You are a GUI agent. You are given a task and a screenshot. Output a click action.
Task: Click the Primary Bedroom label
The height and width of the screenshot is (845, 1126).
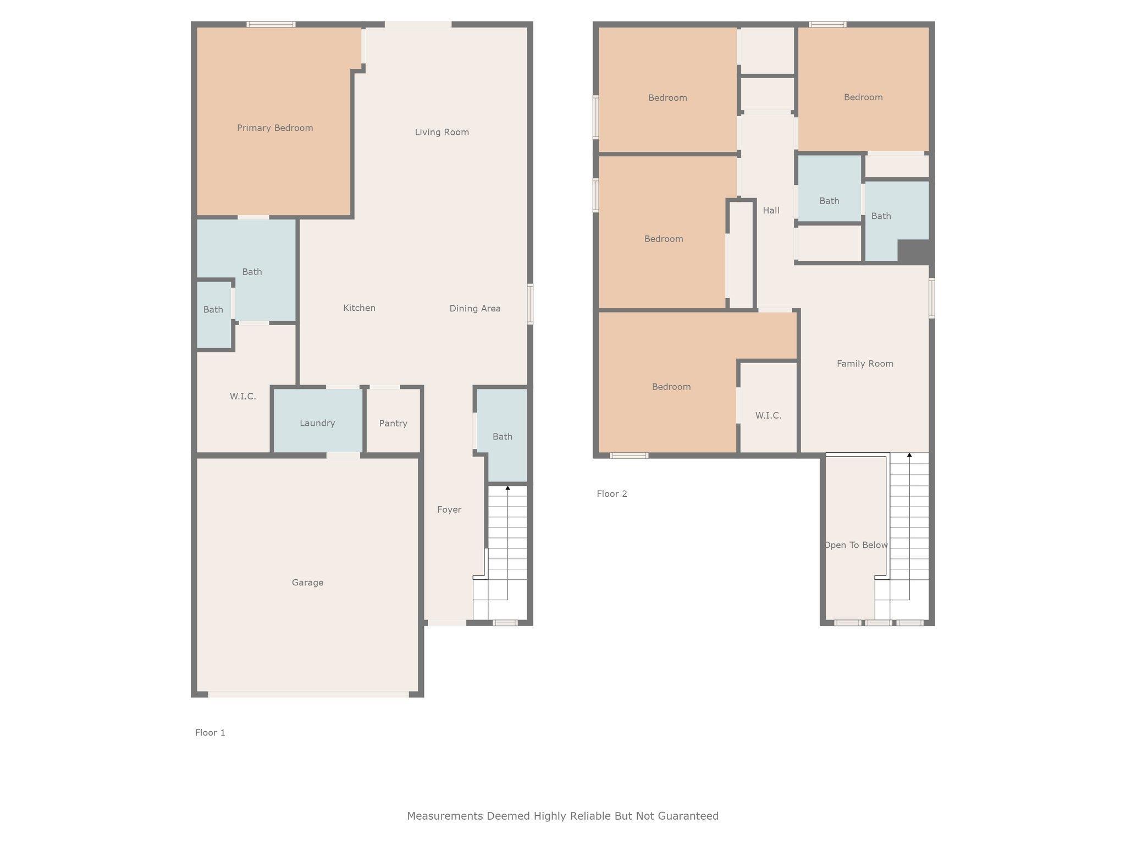(275, 128)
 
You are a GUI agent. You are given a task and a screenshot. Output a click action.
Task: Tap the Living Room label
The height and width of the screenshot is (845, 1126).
(441, 132)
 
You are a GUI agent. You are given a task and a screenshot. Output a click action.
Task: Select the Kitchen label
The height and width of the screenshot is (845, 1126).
(359, 308)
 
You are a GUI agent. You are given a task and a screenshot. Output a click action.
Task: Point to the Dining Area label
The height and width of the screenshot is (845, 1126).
(475, 309)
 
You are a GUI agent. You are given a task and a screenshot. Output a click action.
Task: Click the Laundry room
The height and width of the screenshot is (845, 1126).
(318, 421)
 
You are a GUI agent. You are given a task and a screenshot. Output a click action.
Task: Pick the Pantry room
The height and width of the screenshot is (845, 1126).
(393, 421)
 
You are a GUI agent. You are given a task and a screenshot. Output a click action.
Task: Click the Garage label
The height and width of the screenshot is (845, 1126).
(307, 583)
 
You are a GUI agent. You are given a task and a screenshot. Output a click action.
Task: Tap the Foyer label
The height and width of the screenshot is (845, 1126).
(449, 509)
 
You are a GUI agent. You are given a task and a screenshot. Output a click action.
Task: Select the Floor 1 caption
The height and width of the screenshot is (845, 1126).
(210, 733)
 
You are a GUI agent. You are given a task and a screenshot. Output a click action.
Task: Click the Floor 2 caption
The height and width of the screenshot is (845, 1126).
(612, 494)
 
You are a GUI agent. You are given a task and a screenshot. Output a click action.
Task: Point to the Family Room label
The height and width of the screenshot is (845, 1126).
(865, 364)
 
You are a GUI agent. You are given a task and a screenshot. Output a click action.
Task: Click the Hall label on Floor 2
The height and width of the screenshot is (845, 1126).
(771, 210)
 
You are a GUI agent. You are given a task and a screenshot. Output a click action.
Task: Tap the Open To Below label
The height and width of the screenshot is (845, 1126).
(855, 545)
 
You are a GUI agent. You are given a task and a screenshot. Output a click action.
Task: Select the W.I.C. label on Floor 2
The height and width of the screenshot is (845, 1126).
(768, 415)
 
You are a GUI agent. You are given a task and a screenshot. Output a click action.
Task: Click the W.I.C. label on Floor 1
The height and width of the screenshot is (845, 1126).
(242, 396)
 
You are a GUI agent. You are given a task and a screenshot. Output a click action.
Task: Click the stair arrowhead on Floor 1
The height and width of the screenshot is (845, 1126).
(507, 488)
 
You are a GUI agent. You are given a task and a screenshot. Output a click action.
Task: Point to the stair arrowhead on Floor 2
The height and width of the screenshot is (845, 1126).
(909, 455)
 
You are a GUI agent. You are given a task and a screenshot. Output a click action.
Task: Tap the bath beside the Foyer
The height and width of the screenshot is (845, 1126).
(502, 435)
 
